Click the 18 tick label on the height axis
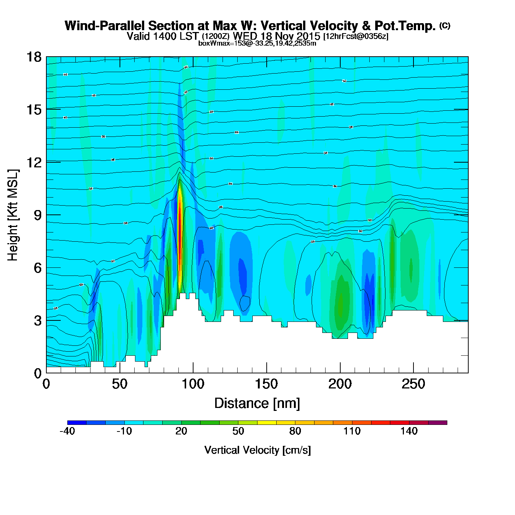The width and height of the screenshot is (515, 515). point(33,57)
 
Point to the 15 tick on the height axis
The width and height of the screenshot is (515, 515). point(33,110)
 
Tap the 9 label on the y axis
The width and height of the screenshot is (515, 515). point(38,215)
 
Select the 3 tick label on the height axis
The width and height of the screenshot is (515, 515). point(38,321)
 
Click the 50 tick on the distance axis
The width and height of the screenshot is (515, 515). point(120,384)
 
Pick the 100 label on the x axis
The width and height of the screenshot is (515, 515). point(193,384)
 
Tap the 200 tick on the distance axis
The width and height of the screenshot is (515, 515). point(340,384)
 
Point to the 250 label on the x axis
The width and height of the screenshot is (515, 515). point(413,384)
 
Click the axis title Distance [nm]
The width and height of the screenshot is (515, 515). point(257,403)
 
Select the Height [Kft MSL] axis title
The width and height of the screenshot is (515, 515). point(13,215)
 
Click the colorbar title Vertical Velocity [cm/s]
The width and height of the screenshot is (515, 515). point(257,450)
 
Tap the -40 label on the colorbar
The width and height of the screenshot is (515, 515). point(67,431)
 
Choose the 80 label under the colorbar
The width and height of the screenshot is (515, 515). point(295,431)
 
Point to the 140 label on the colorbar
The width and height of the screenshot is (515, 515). point(409,431)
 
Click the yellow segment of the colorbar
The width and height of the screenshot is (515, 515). point(267,423)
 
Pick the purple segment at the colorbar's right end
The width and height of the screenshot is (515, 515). point(437,423)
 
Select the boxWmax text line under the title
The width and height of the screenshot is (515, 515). point(257,43)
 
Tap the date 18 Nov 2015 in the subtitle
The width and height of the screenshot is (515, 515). point(290,36)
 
